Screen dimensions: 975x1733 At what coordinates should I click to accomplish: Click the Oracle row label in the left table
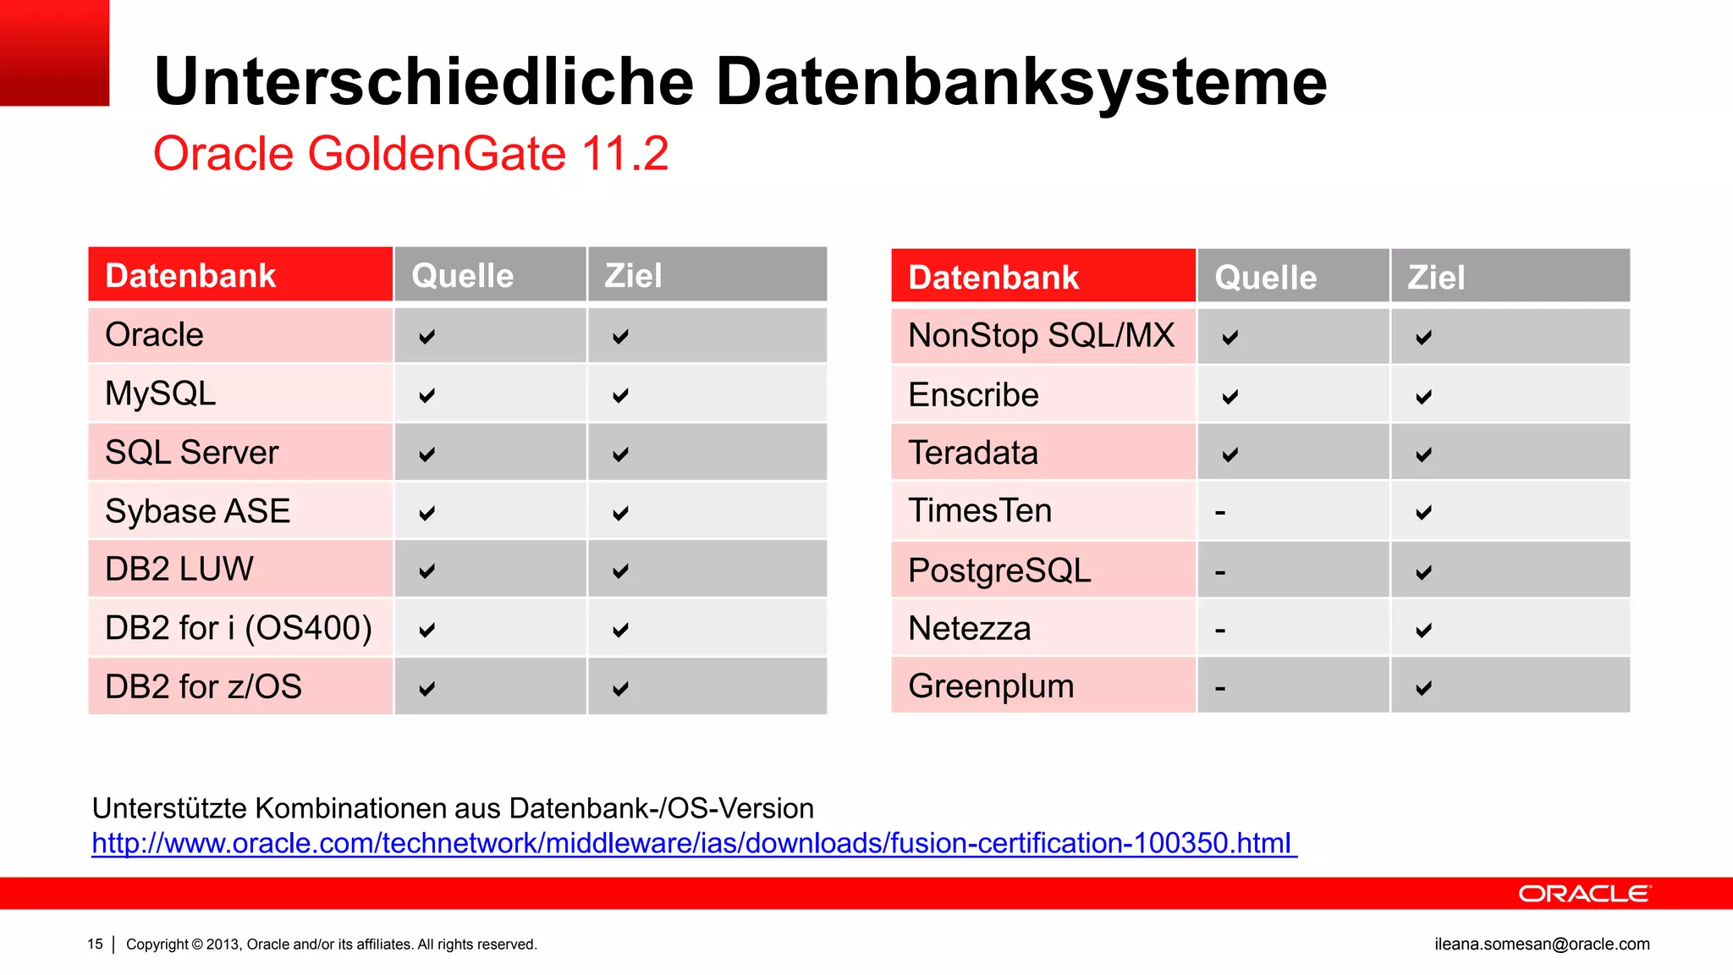pos(154,335)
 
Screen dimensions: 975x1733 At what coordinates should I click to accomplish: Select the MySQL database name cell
pos(160,394)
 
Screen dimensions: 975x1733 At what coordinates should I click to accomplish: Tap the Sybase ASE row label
pos(197,511)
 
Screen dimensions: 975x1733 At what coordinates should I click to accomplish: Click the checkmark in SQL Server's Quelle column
pos(427,454)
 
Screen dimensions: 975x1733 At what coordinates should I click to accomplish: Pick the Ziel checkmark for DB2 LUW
pos(620,571)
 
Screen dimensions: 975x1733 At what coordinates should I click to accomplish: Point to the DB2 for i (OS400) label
pos(238,628)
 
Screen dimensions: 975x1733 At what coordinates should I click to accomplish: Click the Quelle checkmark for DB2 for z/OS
pos(427,688)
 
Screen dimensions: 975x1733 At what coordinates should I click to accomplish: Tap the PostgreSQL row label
pos(999,570)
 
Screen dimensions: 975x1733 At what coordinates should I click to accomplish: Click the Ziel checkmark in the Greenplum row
pos(1424,687)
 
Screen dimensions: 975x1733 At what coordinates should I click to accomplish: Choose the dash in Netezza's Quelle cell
pos(1220,631)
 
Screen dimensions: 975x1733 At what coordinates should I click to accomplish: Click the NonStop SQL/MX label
pos(1041,336)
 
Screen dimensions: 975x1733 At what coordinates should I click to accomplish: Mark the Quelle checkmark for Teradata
pos(1230,454)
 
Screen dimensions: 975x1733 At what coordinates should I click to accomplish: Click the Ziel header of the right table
pos(1436,278)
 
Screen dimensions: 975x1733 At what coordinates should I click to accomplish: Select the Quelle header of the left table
pos(462,276)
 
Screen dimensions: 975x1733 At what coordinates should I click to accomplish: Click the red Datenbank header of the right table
pos(993,278)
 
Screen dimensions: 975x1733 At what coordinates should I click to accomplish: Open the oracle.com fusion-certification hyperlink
pos(691,843)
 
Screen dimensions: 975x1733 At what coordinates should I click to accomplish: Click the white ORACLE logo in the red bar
pos(1584,894)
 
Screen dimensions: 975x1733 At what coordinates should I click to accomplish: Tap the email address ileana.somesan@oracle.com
pos(1542,944)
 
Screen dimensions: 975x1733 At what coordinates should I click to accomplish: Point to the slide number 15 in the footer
pos(95,944)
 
